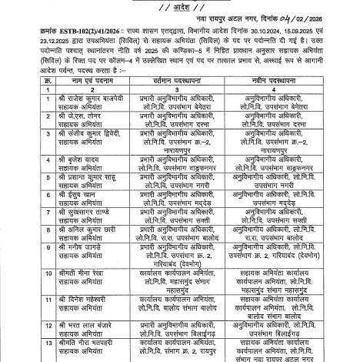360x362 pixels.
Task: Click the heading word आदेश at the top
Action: tap(181, 6)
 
